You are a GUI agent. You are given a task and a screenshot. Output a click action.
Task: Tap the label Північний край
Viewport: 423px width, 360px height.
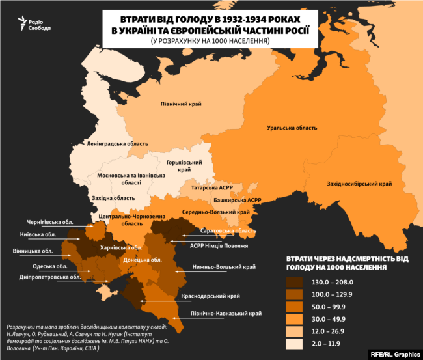click(x=181, y=104)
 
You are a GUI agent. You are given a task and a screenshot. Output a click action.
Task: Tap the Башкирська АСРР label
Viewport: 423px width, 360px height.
click(x=238, y=200)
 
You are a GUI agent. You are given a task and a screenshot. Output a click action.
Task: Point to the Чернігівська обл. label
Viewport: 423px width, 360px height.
click(x=53, y=221)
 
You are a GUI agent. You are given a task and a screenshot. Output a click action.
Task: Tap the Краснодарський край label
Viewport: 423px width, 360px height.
click(x=222, y=295)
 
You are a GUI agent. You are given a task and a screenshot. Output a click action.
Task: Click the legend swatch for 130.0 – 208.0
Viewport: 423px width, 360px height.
click(x=298, y=282)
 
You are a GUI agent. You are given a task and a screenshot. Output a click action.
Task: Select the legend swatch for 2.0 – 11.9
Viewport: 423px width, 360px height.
click(x=298, y=344)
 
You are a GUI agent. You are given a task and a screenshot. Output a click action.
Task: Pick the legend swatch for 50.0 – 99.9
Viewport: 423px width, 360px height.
click(x=298, y=307)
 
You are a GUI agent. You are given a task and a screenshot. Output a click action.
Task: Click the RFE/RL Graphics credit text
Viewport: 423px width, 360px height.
click(x=394, y=352)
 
